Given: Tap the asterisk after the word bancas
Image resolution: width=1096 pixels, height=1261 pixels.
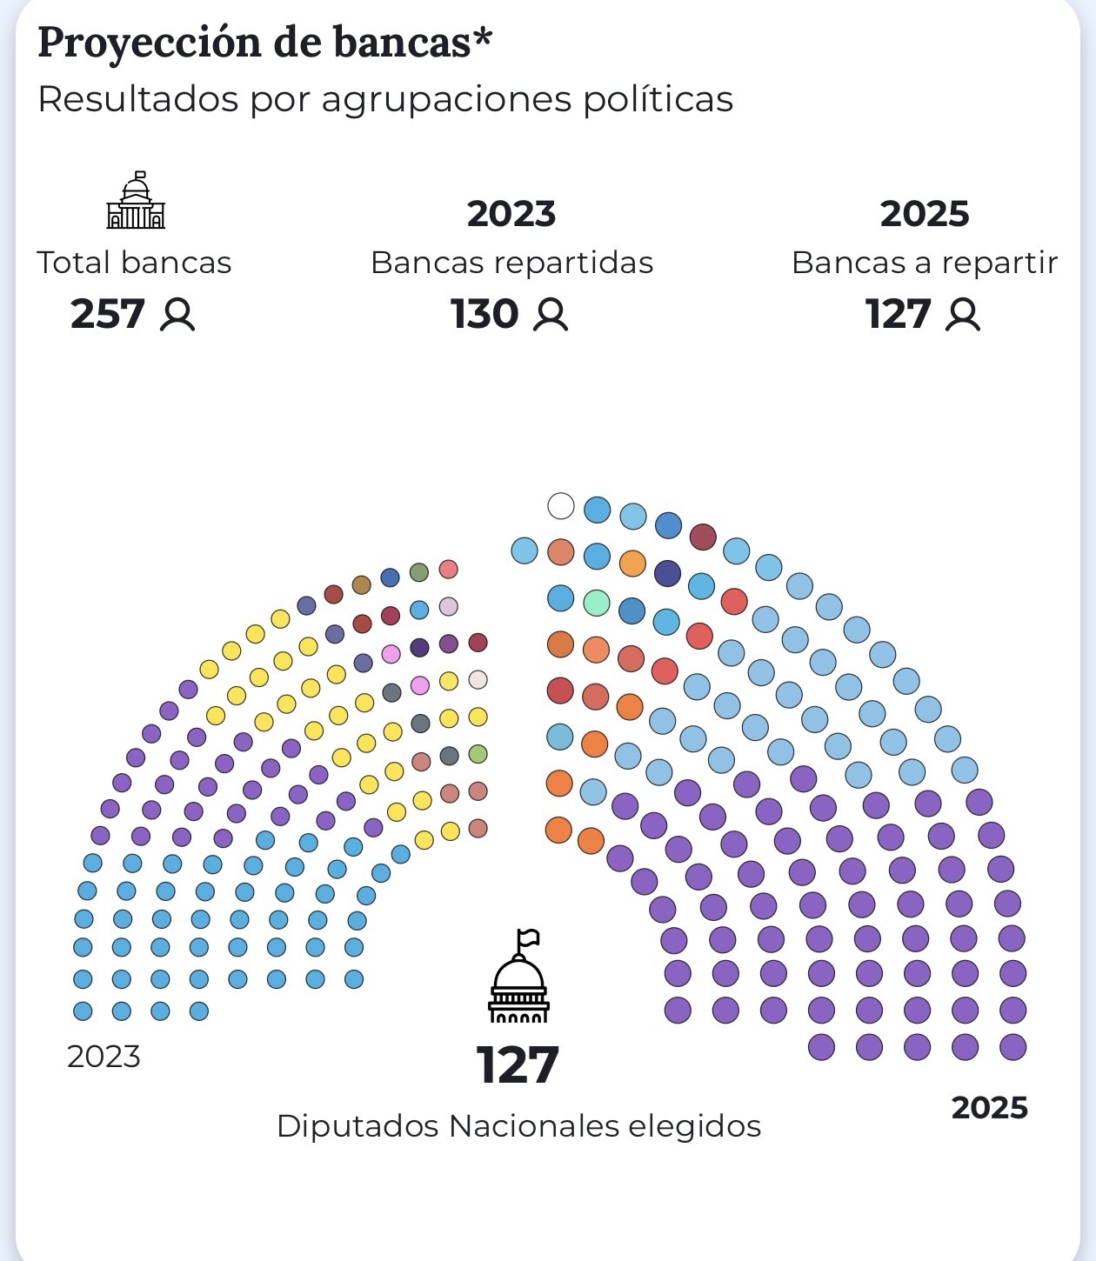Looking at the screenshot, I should pyautogui.click(x=483, y=39).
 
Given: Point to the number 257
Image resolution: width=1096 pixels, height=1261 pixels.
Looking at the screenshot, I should pyautogui.click(x=108, y=314).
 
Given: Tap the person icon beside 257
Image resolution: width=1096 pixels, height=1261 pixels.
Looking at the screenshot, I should pyautogui.click(x=177, y=315).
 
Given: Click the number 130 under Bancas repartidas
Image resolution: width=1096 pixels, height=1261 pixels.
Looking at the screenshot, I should pyautogui.click(x=485, y=314).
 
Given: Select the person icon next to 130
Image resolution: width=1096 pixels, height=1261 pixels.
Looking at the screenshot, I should pyautogui.click(x=550, y=315).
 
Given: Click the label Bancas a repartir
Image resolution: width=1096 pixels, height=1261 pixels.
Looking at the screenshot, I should pyautogui.click(x=924, y=263).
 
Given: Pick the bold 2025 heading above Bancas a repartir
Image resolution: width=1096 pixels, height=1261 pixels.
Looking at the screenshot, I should pyautogui.click(x=924, y=214).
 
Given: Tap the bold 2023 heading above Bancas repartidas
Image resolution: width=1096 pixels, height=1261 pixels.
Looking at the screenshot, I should pyautogui.click(x=511, y=214).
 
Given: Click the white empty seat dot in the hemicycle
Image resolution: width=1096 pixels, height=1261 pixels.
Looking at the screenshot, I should pyautogui.click(x=561, y=505).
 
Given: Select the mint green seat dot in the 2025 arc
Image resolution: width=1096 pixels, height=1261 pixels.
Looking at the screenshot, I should pyautogui.click(x=597, y=602).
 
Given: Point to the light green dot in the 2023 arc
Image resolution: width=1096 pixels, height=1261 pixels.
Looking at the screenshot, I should pyautogui.click(x=478, y=754).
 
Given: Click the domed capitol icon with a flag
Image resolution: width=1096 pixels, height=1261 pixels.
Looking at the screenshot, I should pyautogui.click(x=518, y=977).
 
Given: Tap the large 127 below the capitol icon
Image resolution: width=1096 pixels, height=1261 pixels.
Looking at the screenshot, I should pyautogui.click(x=518, y=1065).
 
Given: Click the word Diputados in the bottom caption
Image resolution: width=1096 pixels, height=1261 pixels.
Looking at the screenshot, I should pyautogui.click(x=358, y=1126).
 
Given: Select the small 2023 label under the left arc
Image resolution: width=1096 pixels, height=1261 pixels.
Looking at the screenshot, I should pyautogui.click(x=104, y=1057).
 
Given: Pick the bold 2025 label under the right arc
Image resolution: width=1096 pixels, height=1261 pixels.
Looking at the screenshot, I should pyautogui.click(x=989, y=1108).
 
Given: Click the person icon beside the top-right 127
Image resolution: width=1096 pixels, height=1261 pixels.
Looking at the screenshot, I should pyautogui.click(x=962, y=315).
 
